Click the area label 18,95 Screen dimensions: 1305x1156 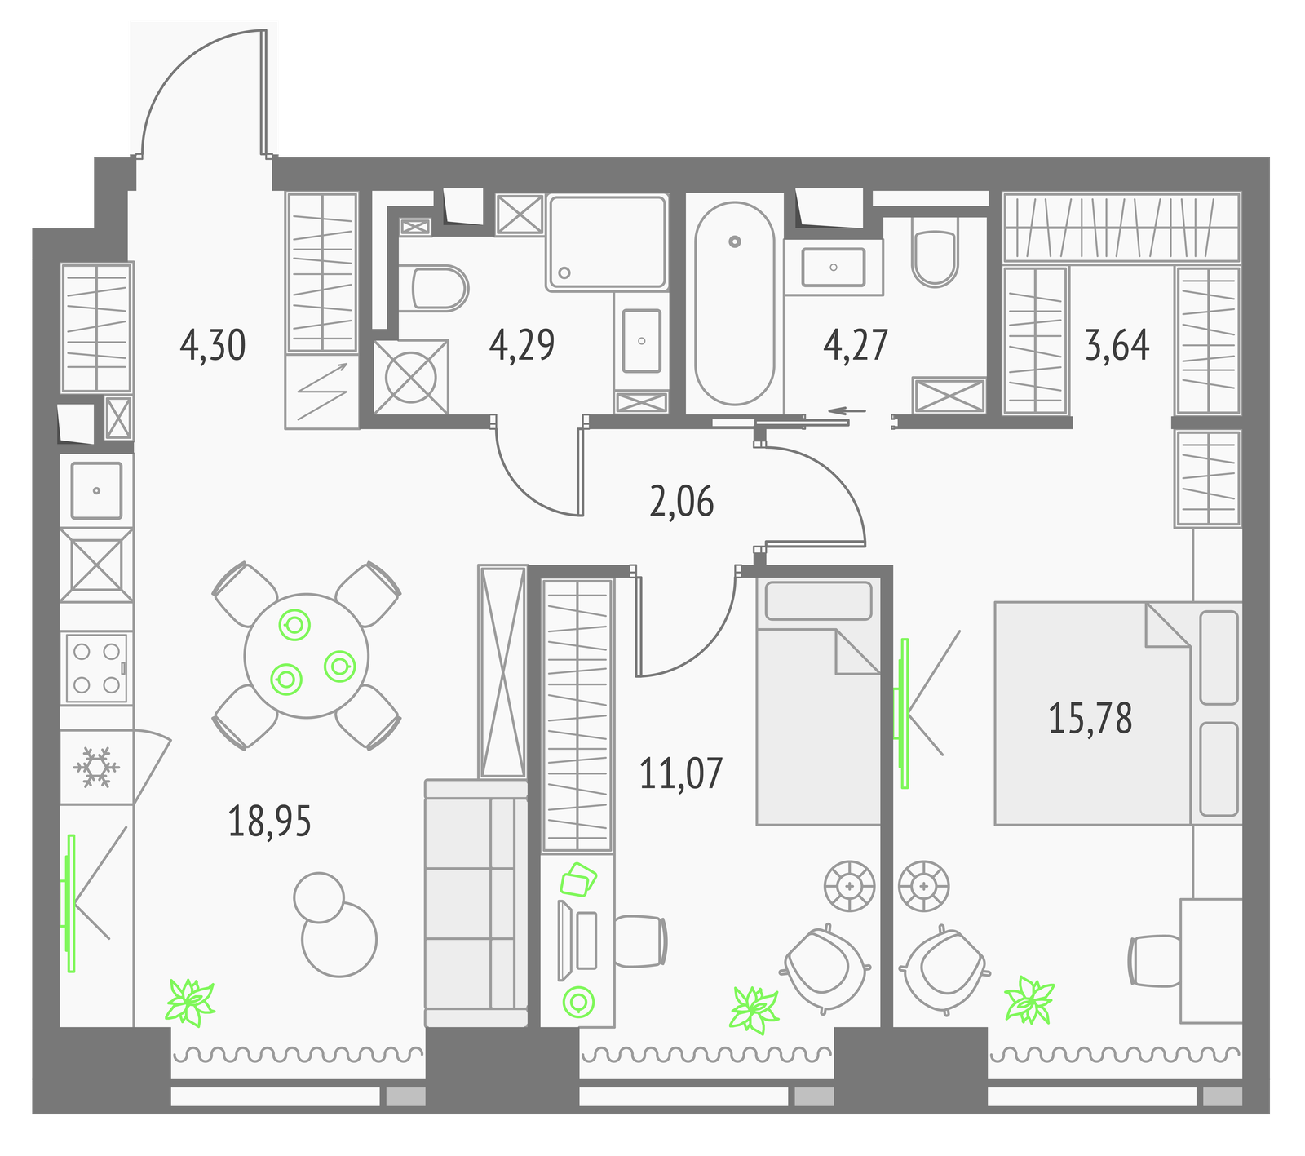coord(269,822)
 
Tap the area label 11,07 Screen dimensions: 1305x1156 coord(681,773)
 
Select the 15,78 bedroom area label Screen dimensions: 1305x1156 coord(1090,719)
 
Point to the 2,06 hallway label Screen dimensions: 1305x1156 coord(682,502)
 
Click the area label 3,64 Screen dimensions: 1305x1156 coord(1117,345)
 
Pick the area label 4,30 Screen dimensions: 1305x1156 coord(213,345)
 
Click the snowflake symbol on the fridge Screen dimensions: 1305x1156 coord(96,768)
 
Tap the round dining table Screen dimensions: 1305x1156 coord(307,656)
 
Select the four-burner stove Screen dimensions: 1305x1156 coord(96,669)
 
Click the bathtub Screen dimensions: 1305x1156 coord(734,303)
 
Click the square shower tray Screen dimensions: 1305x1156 coord(608,241)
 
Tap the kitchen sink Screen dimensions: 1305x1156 coord(96,490)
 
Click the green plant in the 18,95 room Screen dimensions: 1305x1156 coord(190,1002)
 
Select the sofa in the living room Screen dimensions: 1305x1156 coord(476,903)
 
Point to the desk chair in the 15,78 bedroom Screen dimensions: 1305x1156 coord(1153,960)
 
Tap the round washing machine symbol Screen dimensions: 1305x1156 coord(411,377)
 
